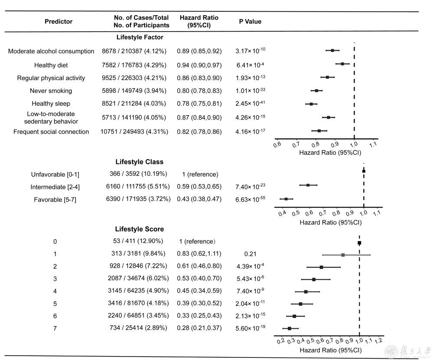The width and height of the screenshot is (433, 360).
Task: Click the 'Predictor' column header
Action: click(59, 21)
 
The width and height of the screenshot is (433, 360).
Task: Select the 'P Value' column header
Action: click(250, 21)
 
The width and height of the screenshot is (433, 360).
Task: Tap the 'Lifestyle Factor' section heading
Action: click(140, 37)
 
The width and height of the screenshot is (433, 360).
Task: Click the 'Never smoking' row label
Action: click(51, 91)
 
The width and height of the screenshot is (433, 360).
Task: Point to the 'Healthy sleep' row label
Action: click(51, 104)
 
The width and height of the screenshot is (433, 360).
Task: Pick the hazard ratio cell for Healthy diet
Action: click(199, 65)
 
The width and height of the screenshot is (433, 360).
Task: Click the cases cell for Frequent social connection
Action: click(134, 132)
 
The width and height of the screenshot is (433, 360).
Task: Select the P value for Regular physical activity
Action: click(250, 78)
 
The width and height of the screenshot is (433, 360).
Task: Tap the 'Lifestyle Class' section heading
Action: click(140, 162)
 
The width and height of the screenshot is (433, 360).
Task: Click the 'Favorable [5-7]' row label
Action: click(55, 199)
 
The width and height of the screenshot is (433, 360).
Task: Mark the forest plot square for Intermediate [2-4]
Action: click(308, 185)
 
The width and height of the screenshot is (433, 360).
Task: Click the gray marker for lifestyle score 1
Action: click(343, 255)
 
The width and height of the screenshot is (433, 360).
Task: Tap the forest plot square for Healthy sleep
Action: click(311, 104)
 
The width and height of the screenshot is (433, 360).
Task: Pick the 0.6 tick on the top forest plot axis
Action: click(277, 144)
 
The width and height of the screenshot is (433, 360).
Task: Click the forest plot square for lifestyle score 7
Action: click(289, 328)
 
